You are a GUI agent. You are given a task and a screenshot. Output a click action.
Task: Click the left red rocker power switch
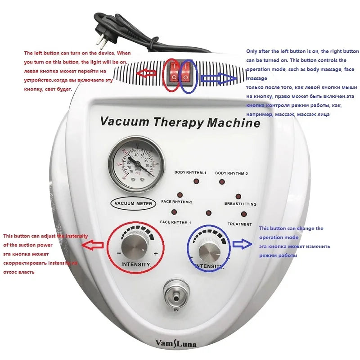coord(174,73)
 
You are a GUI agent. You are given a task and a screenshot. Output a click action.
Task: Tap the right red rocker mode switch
coord(186,73)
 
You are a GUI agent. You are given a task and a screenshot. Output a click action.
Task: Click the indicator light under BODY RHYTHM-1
coord(196,181)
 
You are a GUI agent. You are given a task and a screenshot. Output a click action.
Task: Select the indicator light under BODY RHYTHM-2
coord(222,181)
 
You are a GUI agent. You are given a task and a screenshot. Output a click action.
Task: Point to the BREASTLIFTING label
coord(240,204)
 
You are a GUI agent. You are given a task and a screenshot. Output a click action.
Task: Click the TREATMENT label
coord(239,224)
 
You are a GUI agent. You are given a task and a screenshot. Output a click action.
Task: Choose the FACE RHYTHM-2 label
coord(176,202)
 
